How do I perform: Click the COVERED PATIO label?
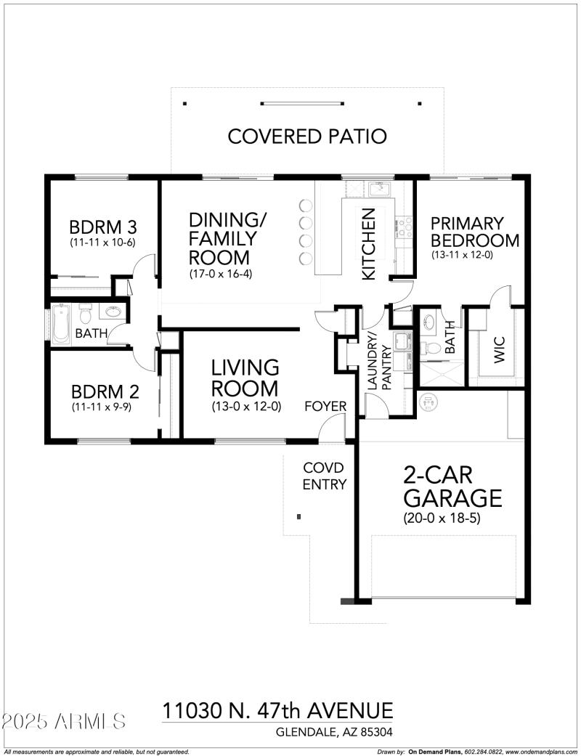(x=307, y=136)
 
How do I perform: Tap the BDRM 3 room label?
(x=103, y=226)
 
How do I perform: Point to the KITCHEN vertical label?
(x=369, y=244)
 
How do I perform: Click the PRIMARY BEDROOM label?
(x=475, y=232)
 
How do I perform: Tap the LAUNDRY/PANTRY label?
(x=378, y=362)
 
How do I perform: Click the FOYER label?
(x=325, y=406)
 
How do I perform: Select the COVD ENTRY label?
(x=324, y=476)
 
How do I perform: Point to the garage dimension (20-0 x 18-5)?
(x=442, y=519)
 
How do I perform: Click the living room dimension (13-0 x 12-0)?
(x=246, y=407)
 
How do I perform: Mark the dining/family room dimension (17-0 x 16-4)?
(x=220, y=274)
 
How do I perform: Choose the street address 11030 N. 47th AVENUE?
(x=277, y=710)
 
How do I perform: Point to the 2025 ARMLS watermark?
(x=64, y=722)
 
